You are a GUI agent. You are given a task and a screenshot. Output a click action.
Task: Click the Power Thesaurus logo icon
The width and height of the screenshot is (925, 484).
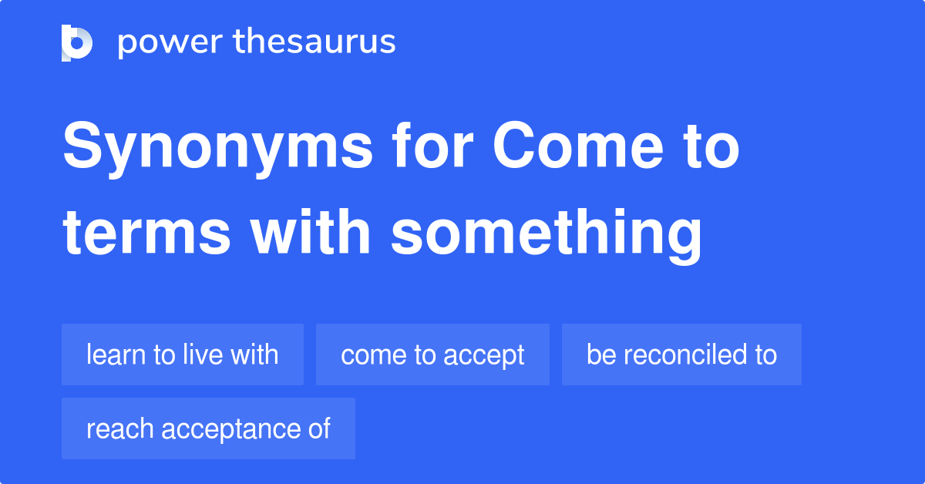77,42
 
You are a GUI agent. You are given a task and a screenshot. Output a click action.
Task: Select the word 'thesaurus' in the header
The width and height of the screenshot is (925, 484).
315,42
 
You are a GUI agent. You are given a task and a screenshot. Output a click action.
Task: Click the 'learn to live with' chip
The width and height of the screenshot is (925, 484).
183,355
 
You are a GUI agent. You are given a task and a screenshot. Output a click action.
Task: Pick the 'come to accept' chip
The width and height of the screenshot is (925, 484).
432,355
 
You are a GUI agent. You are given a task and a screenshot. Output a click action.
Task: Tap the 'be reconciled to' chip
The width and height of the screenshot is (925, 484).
681,355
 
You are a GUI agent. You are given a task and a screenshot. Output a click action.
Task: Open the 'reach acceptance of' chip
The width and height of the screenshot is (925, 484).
208,429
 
